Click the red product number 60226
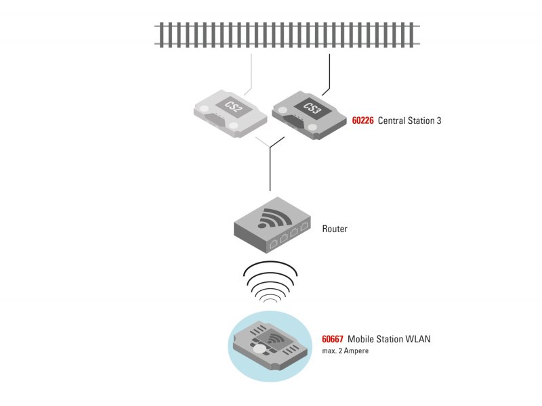362,121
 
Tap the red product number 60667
332,339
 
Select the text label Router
335,229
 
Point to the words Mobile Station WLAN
389,339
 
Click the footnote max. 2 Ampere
346,351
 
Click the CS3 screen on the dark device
312,108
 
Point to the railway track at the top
287,34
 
